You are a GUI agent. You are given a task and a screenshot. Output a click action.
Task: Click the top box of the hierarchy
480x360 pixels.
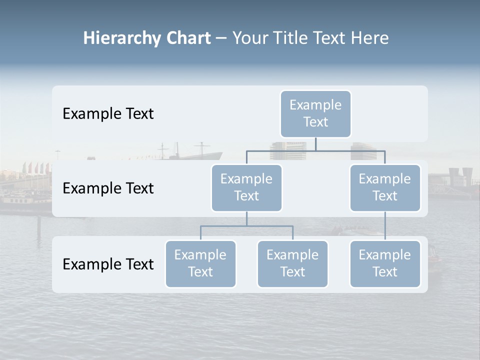(315, 113)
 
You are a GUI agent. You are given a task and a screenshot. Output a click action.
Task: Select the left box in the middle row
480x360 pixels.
(246, 187)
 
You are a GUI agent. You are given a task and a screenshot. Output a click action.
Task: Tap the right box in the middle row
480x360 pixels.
(385, 187)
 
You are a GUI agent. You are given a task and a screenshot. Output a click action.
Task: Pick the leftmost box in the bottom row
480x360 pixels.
(200, 263)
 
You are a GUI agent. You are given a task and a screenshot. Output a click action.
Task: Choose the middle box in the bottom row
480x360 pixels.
(292, 263)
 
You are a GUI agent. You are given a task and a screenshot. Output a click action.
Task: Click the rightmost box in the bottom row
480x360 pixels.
(385, 263)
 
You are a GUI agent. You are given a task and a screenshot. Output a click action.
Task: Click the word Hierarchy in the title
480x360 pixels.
(122, 38)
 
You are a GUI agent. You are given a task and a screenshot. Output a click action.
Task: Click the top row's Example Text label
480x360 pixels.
(108, 114)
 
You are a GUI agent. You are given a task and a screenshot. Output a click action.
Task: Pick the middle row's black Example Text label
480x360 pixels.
(108, 188)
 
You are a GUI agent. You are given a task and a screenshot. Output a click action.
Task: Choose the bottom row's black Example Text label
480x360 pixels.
(108, 264)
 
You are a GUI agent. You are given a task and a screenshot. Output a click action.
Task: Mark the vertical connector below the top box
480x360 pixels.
(315, 144)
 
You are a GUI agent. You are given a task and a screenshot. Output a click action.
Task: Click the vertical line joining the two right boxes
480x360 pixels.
(385, 226)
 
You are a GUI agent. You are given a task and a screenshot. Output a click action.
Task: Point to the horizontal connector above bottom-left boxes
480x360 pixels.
(246, 226)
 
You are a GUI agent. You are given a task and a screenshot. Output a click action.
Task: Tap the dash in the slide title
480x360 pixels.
(221, 38)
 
